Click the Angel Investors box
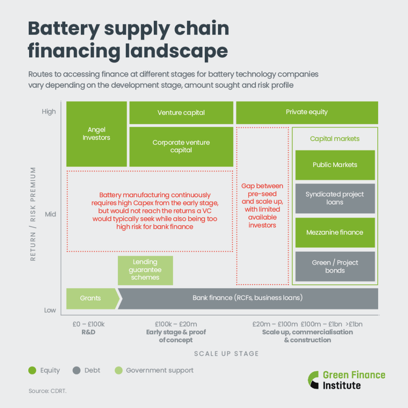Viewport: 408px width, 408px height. point(96,134)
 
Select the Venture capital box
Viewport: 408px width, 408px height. point(181,113)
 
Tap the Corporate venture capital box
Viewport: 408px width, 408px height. point(181,146)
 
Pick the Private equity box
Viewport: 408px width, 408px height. point(307,112)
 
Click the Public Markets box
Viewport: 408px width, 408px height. point(335,165)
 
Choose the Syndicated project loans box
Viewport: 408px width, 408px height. point(335,198)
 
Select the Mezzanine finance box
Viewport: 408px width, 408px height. point(335,232)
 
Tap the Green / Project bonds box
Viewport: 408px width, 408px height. point(335,267)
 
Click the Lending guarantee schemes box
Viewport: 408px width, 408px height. point(145,270)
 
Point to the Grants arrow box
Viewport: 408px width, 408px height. point(91,298)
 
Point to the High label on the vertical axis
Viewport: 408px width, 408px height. point(49,112)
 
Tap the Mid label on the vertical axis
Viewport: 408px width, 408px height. point(50,214)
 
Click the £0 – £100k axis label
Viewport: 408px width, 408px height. point(88,324)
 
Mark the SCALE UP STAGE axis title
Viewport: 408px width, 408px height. point(226,353)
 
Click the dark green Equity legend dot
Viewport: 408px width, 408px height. point(33,371)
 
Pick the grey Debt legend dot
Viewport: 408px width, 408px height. point(77,371)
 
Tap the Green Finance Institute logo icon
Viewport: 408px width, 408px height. point(314,380)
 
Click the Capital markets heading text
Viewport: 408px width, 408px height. point(335,139)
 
